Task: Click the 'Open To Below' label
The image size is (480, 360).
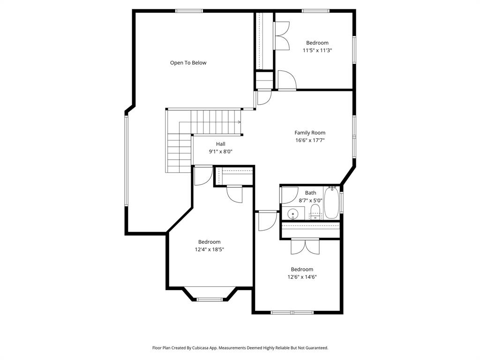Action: [188, 63]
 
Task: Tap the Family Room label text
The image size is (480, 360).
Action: [310, 133]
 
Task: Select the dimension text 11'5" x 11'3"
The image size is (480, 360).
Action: [317, 50]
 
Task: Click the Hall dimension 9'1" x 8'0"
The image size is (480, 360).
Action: [221, 151]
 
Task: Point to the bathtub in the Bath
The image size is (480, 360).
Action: [331, 203]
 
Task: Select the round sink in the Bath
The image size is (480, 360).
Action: [293, 215]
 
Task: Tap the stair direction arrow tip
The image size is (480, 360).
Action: [240, 122]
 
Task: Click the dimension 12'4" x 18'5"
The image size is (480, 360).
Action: [210, 249]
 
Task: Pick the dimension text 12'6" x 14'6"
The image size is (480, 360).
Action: [302, 277]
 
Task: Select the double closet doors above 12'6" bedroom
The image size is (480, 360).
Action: [305, 247]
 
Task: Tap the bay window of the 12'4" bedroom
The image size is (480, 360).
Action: [210, 299]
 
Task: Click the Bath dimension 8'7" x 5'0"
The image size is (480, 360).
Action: [311, 200]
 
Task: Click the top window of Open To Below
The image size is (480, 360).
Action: [189, 10]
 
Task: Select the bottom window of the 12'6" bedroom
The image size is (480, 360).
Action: [292, 312]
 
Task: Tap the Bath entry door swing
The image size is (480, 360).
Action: [290, 195]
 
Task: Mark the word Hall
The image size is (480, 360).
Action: [221, 144]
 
